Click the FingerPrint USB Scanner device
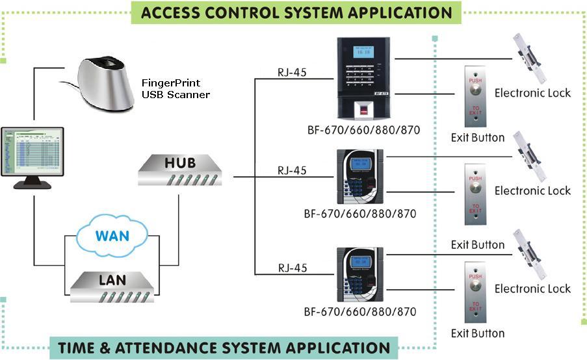(x=108, y=84)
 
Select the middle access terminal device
(x=359, y=177)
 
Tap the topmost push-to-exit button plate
(x=475, y=96)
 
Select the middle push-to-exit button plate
(x=475, y=194)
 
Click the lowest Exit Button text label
(x=478, y=333)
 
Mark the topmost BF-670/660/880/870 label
(x=363, y=130)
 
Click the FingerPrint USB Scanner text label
(x=176, y=89)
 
